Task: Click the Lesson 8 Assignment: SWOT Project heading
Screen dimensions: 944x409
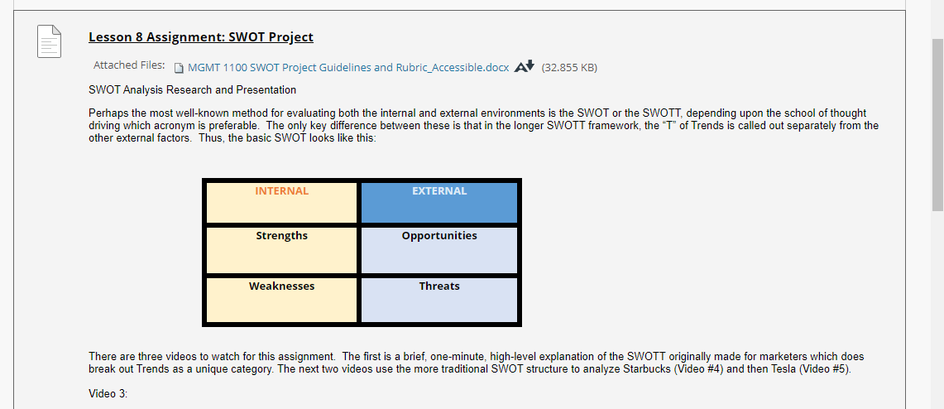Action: point(200,37)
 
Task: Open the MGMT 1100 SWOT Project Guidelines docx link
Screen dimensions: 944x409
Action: point(348,67)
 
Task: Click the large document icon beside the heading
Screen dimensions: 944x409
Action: point(50,41)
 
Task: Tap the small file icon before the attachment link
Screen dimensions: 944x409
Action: point(178,67)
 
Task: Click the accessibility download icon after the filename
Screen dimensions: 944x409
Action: point(525,66)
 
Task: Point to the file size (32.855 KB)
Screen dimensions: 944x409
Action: point(569,67)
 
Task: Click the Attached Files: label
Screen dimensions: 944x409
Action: point(129,65)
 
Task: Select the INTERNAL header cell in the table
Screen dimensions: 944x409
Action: point(282,202)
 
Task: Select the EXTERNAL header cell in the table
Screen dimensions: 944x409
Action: point(438,202)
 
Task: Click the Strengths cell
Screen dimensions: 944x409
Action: point(282,250)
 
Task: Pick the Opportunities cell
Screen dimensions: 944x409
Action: point(438,250)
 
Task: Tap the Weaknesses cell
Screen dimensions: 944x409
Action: point(282,300)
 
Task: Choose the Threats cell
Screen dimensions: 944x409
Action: point(438,300)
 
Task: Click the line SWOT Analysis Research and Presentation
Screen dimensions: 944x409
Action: point(193,90)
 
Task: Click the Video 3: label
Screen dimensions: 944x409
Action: point(108,394)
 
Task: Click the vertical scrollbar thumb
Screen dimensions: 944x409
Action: point(937,124)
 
